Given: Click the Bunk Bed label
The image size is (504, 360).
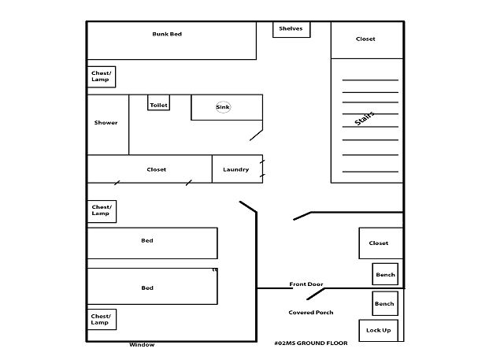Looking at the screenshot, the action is [167, 34].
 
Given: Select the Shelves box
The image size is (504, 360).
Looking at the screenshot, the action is [291, 29].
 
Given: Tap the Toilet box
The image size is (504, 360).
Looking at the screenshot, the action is [158, 102].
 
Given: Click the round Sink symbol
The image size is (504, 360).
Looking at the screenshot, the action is [223, 107].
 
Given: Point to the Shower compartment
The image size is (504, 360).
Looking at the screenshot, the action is [108, 124].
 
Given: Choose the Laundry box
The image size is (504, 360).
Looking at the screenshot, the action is [237, 169].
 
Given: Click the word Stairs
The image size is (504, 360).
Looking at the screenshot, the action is [365, 118].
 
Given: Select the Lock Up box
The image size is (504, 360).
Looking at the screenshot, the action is [378, 330].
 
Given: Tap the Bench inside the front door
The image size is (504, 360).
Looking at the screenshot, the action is [385, 274].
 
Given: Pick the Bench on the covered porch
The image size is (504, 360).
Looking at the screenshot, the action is [385, 303].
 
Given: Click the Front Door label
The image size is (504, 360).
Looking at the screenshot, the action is [306, 284].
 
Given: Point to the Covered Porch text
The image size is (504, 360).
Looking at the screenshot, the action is [311, 313].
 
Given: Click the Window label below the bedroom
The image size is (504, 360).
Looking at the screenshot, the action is [142, 345].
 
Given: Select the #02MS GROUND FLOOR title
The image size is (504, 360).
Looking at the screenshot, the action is [311, 343].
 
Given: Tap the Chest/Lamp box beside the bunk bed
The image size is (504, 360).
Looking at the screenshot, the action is [102, 77].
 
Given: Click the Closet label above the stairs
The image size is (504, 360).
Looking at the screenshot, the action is [365, 39].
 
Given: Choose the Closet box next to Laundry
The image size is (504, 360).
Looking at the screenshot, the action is [150, 169].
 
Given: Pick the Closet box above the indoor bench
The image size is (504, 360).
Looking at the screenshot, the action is [381, 243].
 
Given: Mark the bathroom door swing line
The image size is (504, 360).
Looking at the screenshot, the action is [256, 135].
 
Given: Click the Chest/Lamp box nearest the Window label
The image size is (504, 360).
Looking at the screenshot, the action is [102, 320].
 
